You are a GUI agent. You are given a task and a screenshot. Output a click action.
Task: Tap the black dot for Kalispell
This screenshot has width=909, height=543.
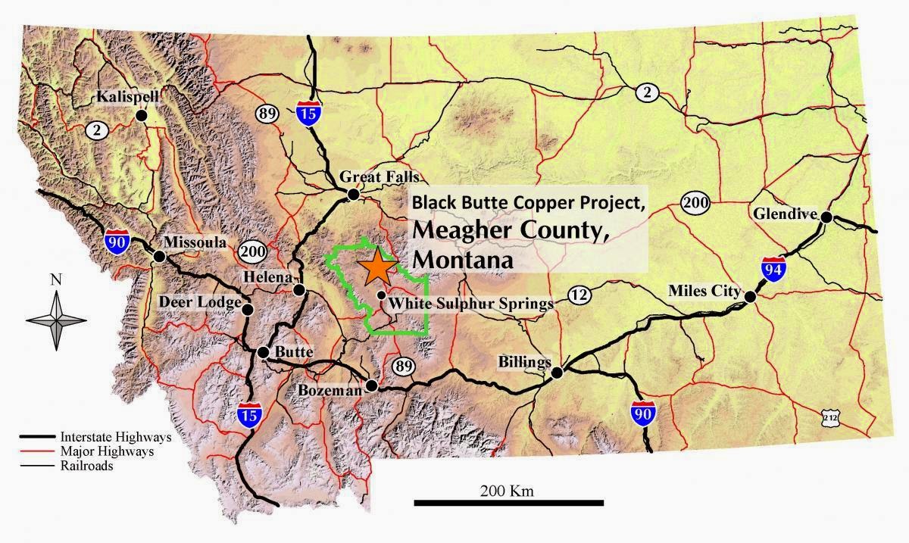click(x=141, y=115)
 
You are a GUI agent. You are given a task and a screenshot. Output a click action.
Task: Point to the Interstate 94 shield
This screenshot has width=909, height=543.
click(x=772, y=270)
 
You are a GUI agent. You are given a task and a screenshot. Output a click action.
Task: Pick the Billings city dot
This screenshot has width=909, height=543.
click(x=557, y=372)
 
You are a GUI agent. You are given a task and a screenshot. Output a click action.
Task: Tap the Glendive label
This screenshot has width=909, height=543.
click(x=785, y=214)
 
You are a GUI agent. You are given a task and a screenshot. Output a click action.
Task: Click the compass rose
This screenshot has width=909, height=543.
click(x=56, y=319)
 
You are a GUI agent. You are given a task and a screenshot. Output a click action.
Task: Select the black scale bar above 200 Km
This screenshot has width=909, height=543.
click(x=508, y=502)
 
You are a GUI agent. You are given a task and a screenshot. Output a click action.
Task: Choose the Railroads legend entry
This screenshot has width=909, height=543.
click(x=86, y=467)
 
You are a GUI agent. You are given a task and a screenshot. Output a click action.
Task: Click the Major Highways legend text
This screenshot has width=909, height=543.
click(x=106, y=451)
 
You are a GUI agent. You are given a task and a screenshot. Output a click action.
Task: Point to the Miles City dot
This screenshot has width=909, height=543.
click(x=750, y=297)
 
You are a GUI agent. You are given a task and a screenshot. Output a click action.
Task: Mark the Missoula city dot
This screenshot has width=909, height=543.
click(x=160, y=256)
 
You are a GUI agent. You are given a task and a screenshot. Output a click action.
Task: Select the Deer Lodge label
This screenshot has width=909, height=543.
click(x=200, y=303)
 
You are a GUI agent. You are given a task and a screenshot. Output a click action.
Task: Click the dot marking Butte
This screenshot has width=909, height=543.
click(x=263, y=352)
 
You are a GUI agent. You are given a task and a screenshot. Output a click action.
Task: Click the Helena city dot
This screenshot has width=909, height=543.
click(x=300, y=289)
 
